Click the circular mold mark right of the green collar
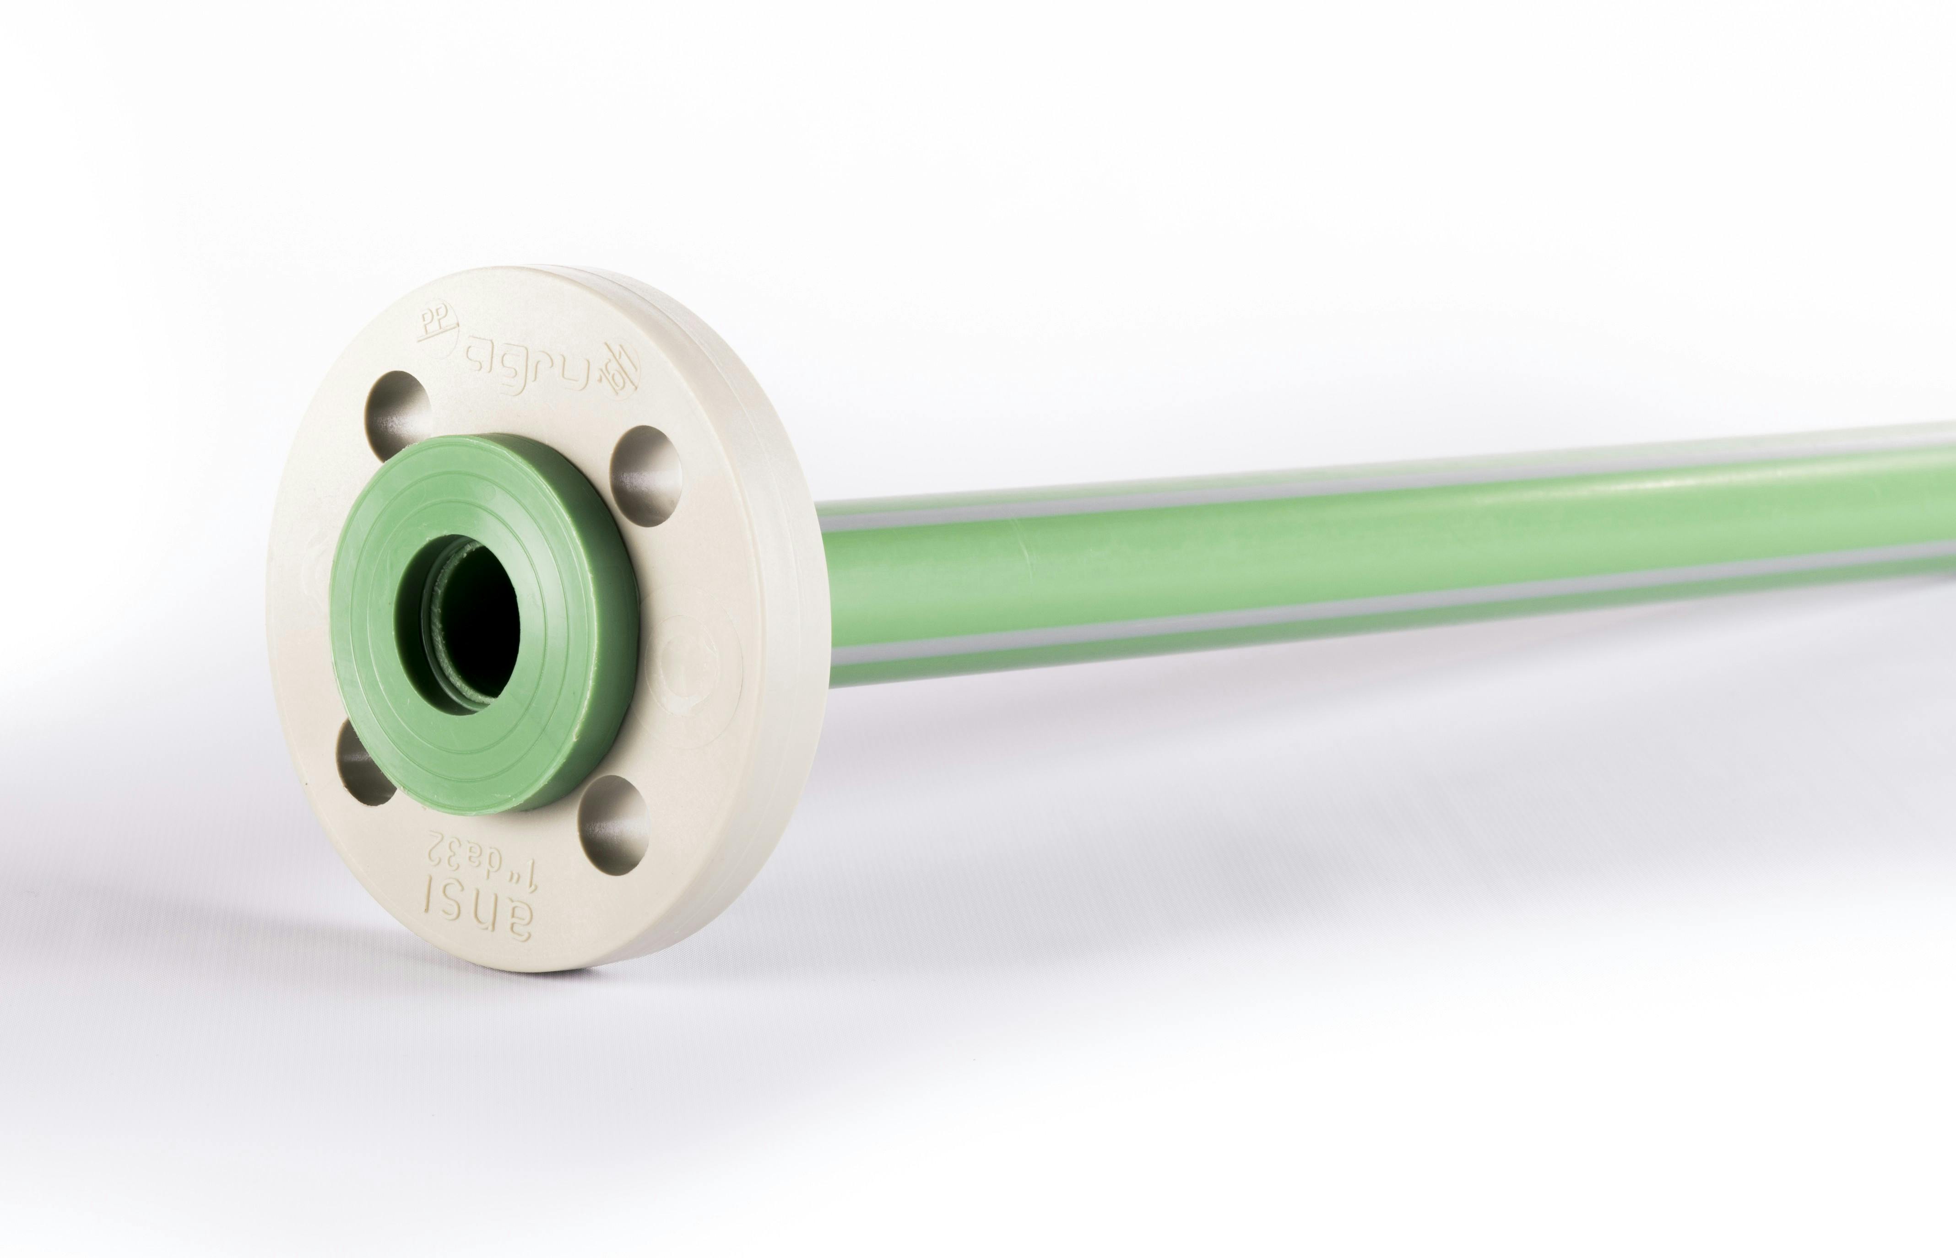click(x=690, y=653)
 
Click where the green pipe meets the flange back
click(x=829, y=588)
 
